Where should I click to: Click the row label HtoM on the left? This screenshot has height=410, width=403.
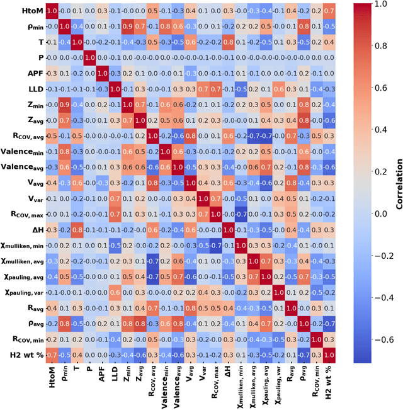click(30, 11)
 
